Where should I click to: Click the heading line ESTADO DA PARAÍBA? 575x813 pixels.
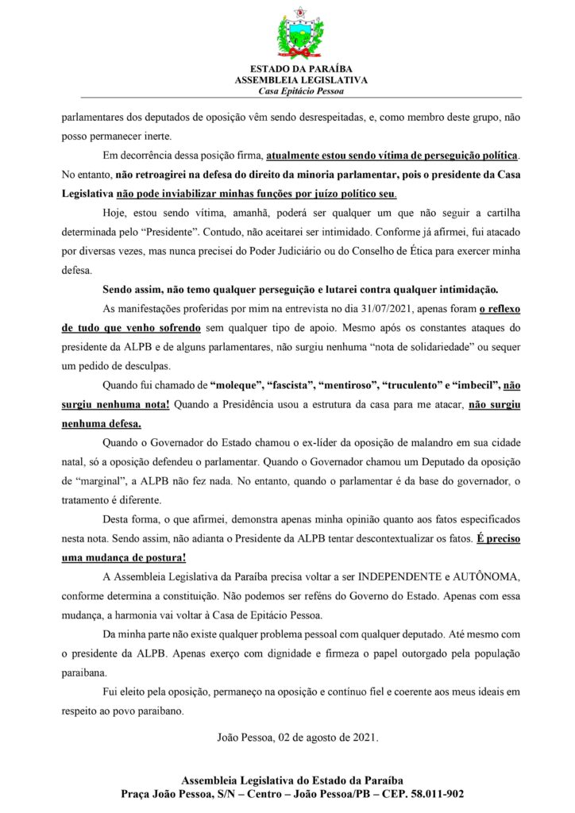tap(300, 70)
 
